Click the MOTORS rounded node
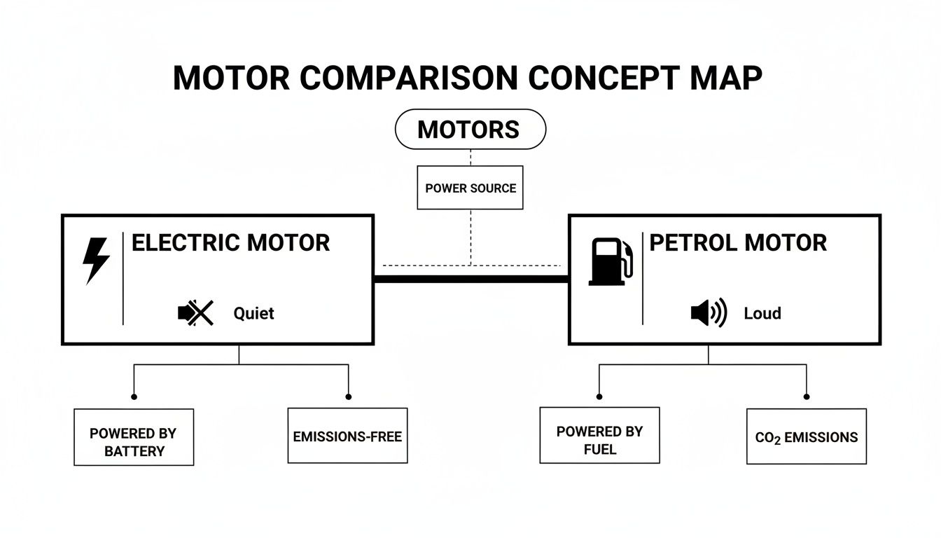tap(470, 130)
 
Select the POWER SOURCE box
tap(470, 188)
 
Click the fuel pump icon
tap(611, 261)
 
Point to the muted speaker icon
tap(195, 313)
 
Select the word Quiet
tap(253, 313)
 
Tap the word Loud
tap(762, 313)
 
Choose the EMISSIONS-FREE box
tap(347, 436)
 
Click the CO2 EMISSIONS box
tap(806, 436)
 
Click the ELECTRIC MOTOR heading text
tap(230, 243)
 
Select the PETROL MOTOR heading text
tap(738, 243)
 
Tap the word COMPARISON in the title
tap(408, 78)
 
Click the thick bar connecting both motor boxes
tap(470, 279)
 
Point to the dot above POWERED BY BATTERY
tap(134, 396)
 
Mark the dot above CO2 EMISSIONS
tap(807, 396)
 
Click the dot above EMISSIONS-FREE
tap(348, 396)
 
